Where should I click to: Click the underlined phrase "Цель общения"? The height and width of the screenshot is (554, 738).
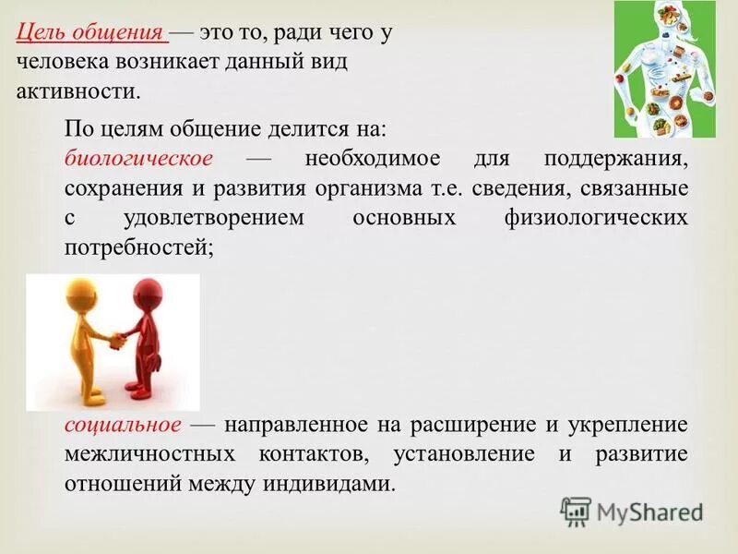91,32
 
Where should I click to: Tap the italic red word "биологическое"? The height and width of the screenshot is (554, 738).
138,159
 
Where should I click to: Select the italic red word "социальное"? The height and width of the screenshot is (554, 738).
123,426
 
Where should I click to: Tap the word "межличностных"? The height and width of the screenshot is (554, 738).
138,455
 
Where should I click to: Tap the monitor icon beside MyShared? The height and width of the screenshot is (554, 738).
576,512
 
